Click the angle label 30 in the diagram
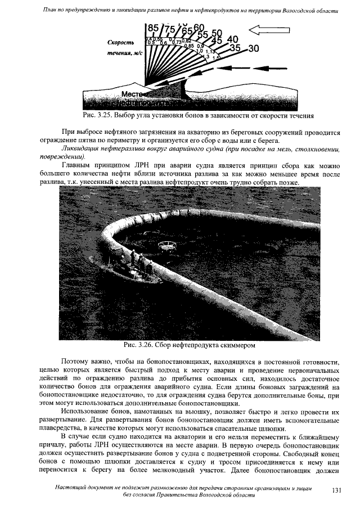254,49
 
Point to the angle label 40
232,39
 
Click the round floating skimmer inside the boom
166,245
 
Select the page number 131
337,490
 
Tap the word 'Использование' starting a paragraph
85,412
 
